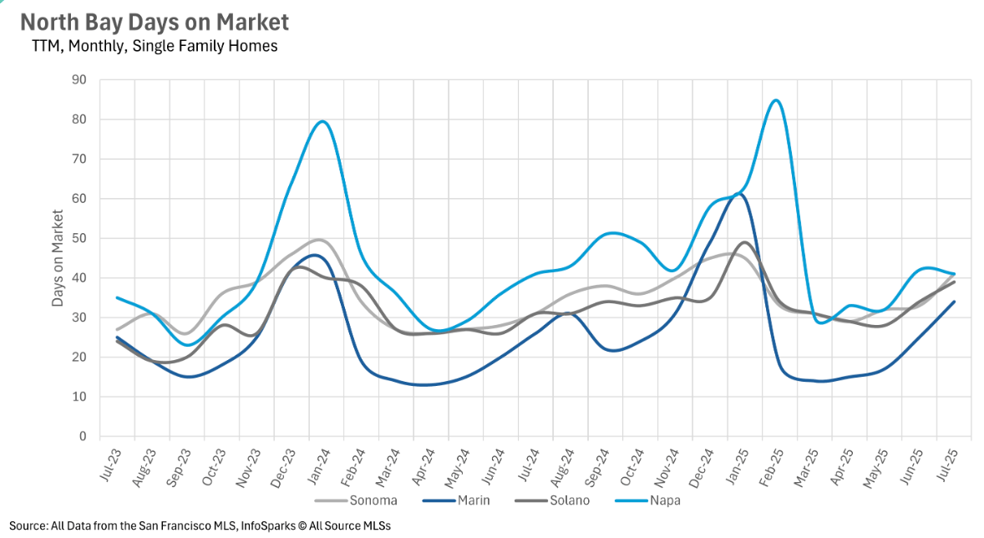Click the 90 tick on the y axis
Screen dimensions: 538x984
point(81,80)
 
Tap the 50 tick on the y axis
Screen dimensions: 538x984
point(81,238)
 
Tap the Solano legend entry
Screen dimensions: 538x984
point(570,500)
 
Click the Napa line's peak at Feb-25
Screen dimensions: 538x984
point(775,100)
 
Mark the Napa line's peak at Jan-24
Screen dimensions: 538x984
point(322,121)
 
